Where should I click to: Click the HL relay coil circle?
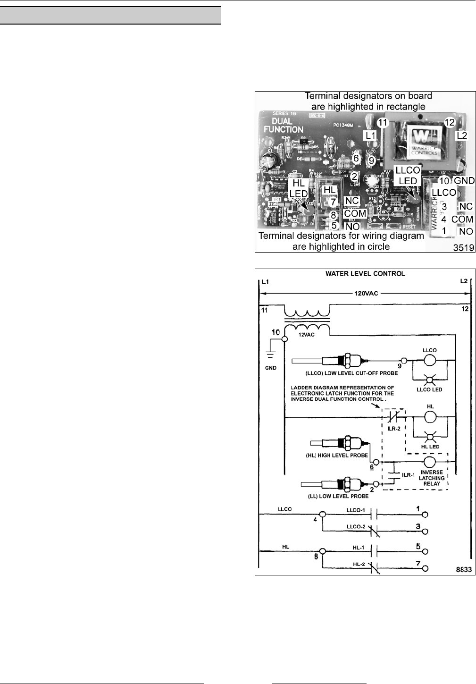[430, 418]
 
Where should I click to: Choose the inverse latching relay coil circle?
[430, 462]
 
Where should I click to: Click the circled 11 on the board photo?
[383, 123]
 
